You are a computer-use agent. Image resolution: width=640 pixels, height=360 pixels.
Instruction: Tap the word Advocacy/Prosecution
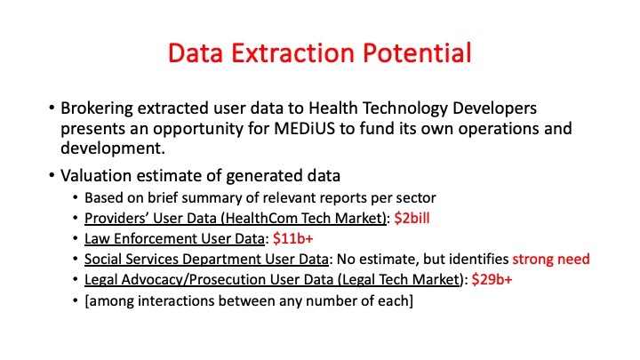click(x=191, y=281)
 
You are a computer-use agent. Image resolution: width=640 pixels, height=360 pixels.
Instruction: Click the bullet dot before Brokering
click(x=52, y=109)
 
